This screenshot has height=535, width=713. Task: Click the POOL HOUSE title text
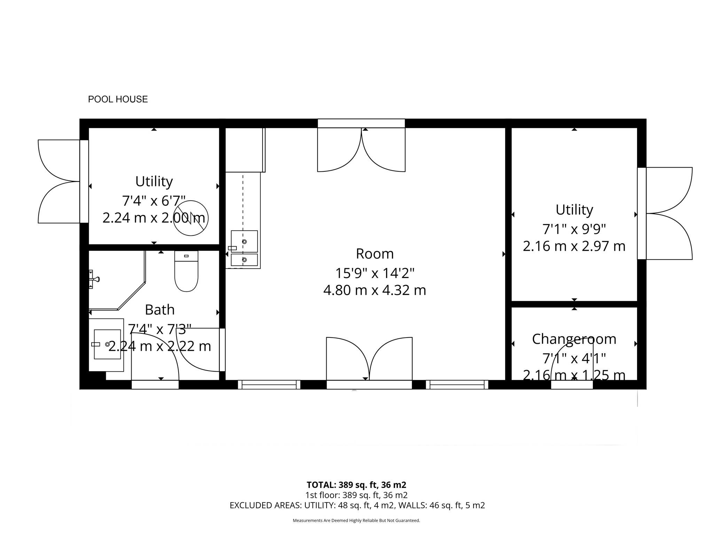(x=118, y=99)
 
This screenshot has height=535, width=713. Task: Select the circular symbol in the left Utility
(x=191, y=218)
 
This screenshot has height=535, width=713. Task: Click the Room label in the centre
(x=375, y=254)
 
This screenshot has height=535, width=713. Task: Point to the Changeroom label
(x=574, y=339)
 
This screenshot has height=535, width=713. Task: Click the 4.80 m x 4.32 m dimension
(x=375, y=290)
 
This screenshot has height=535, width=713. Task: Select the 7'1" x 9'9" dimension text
(x=574, y=229)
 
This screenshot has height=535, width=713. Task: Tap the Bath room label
(x=159, y=310)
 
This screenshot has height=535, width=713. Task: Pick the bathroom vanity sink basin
(x=107, y=344)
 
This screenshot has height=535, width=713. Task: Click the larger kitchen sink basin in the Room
(x=244, y=241)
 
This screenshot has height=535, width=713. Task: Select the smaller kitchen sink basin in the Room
(x=244, y=260)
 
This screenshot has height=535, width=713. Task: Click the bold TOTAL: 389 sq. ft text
(x=356, y=485)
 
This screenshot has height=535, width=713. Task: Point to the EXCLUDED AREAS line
(x=357, y=505)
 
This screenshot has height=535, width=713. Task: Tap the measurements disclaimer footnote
(x=356, y=521)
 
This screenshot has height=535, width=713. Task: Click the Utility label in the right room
(x=574, y=210)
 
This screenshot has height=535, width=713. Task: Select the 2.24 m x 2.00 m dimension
(x=154, y=218)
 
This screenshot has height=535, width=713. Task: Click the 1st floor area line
(x=356, y=495)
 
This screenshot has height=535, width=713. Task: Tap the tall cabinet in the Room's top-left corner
(x=244, y=150)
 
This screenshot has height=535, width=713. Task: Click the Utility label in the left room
(x=154, y=181)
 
